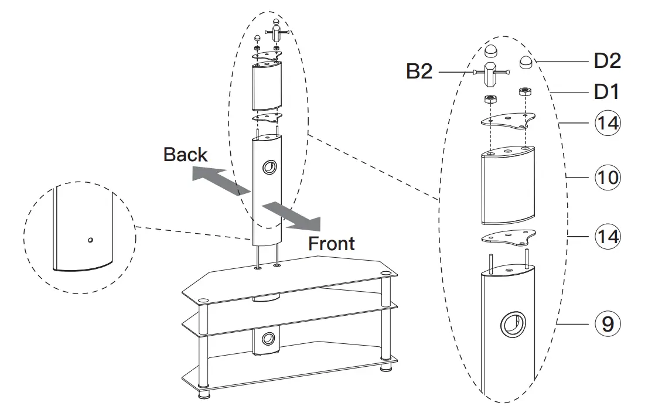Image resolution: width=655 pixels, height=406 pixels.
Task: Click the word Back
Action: [x=185, y=155]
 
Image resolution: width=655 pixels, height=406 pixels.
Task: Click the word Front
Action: [x=332, y=243]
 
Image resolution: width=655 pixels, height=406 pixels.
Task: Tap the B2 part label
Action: [x=419, y=71]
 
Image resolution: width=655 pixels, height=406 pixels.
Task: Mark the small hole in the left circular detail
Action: [x=90, y=240]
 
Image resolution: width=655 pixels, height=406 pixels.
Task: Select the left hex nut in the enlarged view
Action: [x=490, y=98]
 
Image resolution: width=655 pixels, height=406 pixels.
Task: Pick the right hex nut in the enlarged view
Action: [x=525, y=92]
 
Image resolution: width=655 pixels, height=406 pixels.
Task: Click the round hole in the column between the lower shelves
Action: [x=267, y=339]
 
